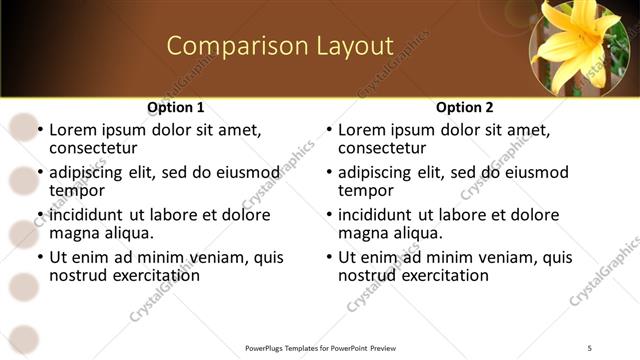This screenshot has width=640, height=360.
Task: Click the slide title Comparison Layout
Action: [279, 46]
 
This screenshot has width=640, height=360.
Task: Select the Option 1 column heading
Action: [176, 107]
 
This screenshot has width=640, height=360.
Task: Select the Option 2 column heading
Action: [465, 107]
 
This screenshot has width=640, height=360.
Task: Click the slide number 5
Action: [590, 347]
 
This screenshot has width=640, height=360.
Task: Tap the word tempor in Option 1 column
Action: [75, 191]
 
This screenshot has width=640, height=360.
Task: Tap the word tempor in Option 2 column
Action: [364, 191]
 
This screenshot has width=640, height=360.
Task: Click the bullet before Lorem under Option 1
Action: [40, 131]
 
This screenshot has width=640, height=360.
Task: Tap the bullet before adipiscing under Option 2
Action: [329, 173]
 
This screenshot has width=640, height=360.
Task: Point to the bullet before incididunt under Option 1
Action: [40, 215]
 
